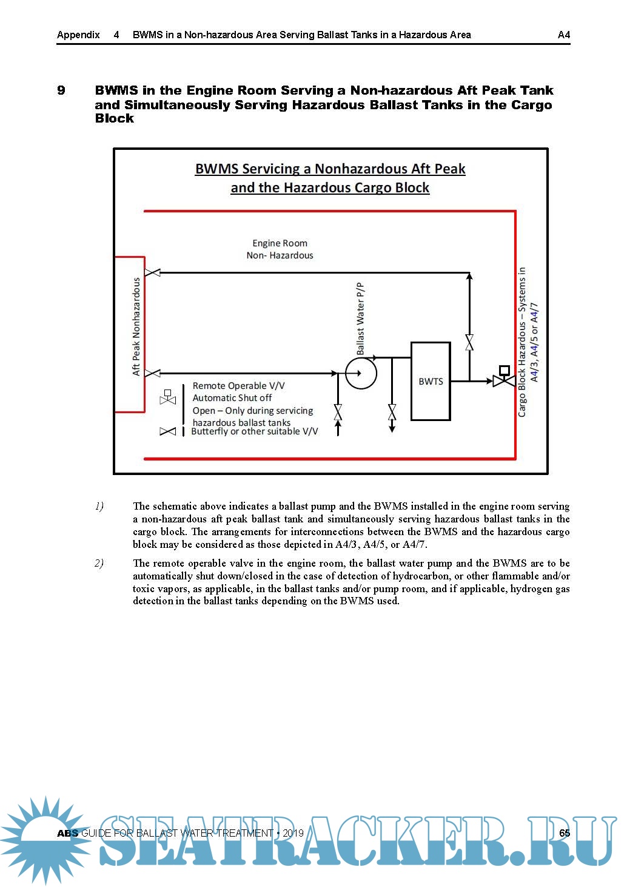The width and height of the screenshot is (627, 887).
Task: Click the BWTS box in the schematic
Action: tap(431, 381)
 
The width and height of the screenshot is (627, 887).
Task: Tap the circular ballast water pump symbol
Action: tap(361, 373)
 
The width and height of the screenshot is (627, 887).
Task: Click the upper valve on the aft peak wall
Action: tap(153, 272)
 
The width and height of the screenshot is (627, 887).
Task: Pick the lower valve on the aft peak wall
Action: tap(153, 373)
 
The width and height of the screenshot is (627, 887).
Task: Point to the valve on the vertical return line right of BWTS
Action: tap(469, 343)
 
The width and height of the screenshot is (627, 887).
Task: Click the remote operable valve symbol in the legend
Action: tap(167, 398)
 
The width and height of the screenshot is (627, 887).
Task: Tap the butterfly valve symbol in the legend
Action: tap(167, 431)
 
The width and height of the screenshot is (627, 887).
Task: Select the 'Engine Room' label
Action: tap(280, 243)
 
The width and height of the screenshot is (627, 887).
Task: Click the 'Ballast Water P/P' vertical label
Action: tap(361, 319)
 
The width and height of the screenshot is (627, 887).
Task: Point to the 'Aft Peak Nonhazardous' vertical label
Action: tap(136, 326)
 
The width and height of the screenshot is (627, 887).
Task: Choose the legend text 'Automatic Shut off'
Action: tap(232, 398)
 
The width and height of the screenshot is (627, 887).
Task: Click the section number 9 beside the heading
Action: tap(61, 90)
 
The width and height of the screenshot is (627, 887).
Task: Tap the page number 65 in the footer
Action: tap(565, 833)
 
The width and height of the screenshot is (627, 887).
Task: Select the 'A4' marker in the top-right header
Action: tap(564, 35)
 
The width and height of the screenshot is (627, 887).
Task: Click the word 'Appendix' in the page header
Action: tap(78, 35)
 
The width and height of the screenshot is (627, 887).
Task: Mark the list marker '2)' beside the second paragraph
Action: tap(99, 563)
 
